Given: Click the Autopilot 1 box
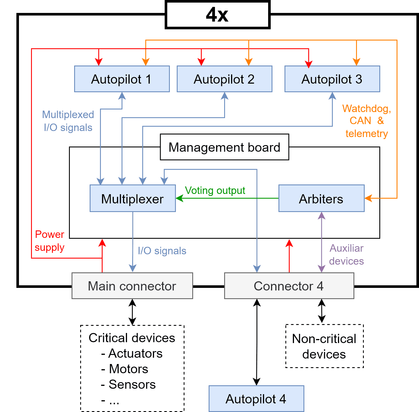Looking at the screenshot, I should point(122,79).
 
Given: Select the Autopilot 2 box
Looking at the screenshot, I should point(224,79).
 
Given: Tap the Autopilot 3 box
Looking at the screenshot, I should point(332,79).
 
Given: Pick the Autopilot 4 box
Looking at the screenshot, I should point(256,399).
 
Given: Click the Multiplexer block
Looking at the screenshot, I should point(133,199).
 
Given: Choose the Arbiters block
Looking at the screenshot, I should point(321,199).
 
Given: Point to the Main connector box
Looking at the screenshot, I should point(132,286).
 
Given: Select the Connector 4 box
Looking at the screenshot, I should point(289,286).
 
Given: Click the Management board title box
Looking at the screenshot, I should point(224,147).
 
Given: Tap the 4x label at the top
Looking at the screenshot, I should point(218,15).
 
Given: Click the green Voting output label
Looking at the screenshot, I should point(215,190).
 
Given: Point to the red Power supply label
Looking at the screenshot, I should point(49,241).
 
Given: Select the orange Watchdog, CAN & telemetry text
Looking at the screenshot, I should point(367,121).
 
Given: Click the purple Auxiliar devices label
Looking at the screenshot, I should point(347,255).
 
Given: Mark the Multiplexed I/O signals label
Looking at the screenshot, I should point(68,121).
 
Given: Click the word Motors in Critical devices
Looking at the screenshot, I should point(129,369).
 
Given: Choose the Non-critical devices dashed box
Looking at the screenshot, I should point(324,346).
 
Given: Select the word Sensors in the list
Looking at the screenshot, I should point(132,384).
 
